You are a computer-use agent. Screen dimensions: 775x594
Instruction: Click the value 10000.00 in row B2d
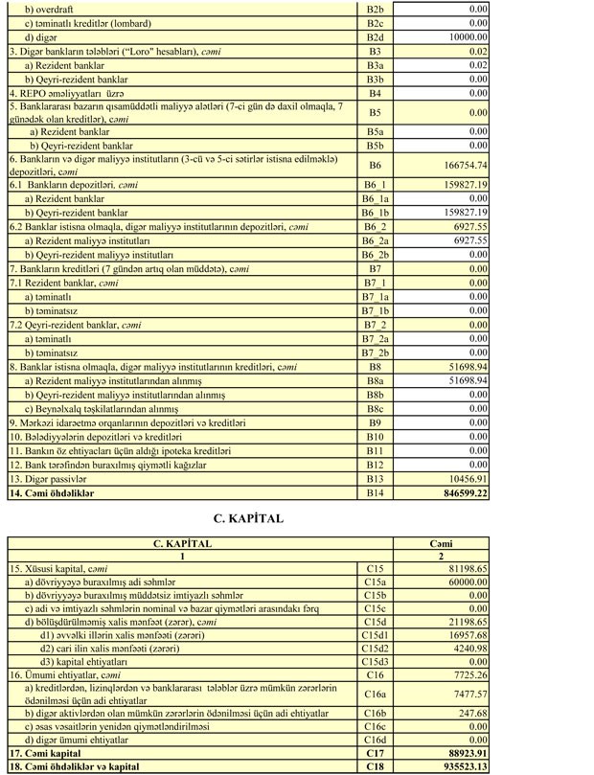(x=466, y=35)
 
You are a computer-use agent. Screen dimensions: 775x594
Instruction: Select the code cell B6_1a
(x=375, y=198)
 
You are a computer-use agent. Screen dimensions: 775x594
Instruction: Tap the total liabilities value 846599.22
(x=459, y=492)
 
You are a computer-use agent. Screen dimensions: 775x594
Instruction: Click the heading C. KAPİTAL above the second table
(x=247, y=518)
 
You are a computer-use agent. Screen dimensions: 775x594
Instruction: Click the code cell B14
(x=375, y=492)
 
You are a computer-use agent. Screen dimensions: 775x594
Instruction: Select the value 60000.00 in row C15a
(x=465, y=581)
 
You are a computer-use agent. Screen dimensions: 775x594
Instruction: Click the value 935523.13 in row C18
(x=460, y=767)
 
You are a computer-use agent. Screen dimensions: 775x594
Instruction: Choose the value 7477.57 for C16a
(x=468, y=694)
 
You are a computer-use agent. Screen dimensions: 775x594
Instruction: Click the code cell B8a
(x=375, y=380)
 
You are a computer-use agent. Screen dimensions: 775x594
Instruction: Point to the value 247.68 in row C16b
(x=472, y=714)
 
